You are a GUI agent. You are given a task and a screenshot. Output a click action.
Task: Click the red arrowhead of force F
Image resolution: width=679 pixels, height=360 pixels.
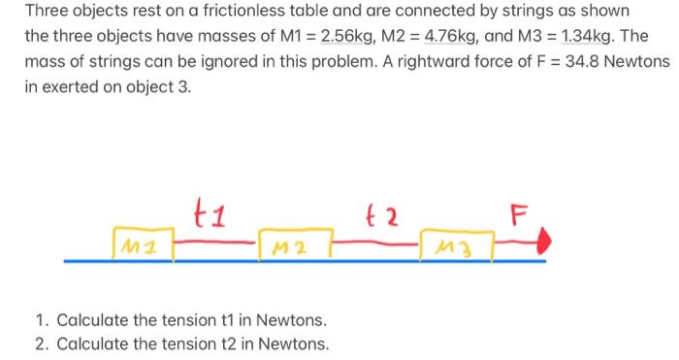(548, 238)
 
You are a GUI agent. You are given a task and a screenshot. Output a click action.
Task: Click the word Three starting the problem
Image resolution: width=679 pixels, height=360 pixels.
(47, 14)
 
